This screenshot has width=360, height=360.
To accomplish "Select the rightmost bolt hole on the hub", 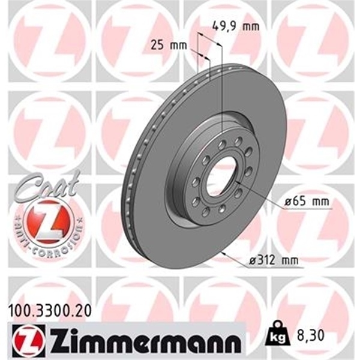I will tap(248, 171).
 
